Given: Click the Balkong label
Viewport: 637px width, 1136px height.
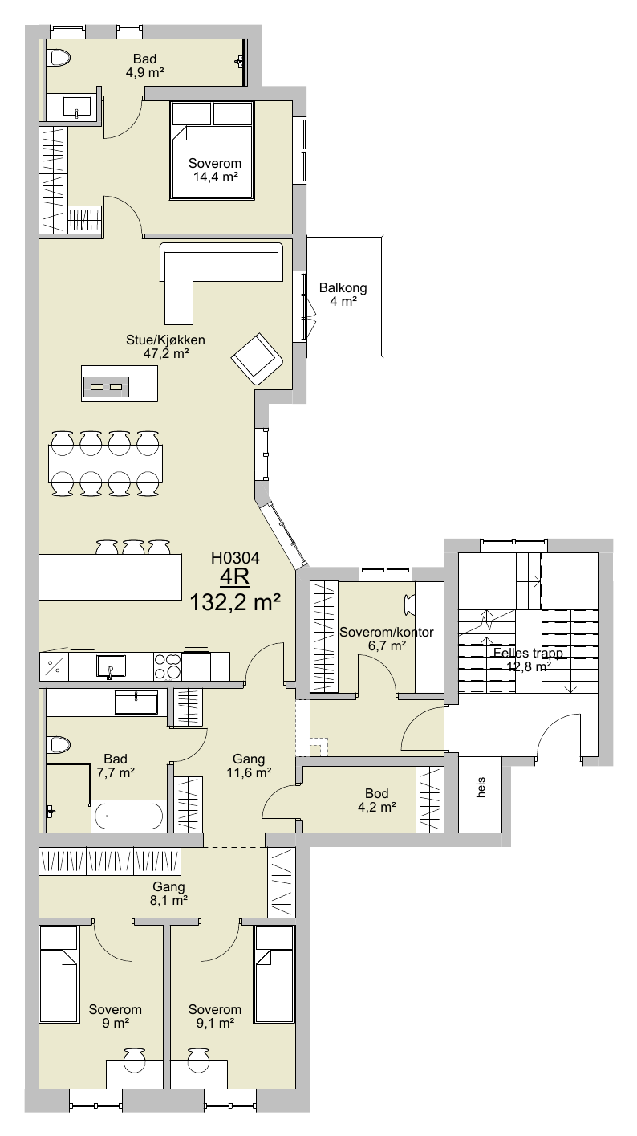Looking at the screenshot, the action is (x=343, y=287).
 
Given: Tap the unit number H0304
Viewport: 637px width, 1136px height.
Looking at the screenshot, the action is (x=235, y=558).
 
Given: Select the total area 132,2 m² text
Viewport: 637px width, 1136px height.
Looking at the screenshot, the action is (x=235, y=602).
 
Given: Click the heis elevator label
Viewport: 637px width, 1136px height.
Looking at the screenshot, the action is (x=481, y=787).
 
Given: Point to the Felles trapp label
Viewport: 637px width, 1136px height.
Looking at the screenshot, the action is (x=528, y=653).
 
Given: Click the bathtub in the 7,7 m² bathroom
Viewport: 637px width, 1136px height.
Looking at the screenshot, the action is (x=128, y=817).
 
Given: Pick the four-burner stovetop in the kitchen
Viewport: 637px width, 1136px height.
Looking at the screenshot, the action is (x=168, y=666).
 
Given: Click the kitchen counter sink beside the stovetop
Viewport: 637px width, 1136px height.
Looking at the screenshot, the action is (x=110, y=666).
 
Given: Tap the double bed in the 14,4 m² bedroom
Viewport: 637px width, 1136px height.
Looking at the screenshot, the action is (x=212, y=150).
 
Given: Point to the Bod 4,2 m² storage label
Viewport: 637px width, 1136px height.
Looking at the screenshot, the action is (x=376, y=800).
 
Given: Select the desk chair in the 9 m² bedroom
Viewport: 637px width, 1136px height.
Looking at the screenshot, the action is (x=134, y=1059).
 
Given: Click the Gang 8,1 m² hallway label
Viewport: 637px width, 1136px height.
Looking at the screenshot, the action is (x=168, y=894).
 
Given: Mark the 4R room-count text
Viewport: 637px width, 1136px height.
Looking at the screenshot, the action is (x=235, y=577).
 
